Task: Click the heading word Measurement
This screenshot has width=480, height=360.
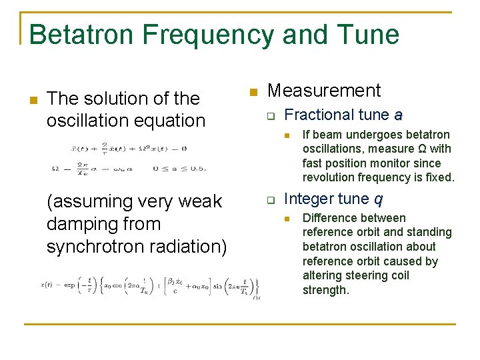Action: (x=323, y=91)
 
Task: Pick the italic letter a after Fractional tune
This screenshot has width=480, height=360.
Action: (x=398, y=115)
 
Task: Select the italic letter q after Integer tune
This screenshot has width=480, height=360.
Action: (x=377, y=199)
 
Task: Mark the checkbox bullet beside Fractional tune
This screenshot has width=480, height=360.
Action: (x=271, y=117)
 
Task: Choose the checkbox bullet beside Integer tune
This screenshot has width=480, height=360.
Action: (x=271, y=200)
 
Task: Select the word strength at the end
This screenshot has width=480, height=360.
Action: (x=325, y=290)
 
